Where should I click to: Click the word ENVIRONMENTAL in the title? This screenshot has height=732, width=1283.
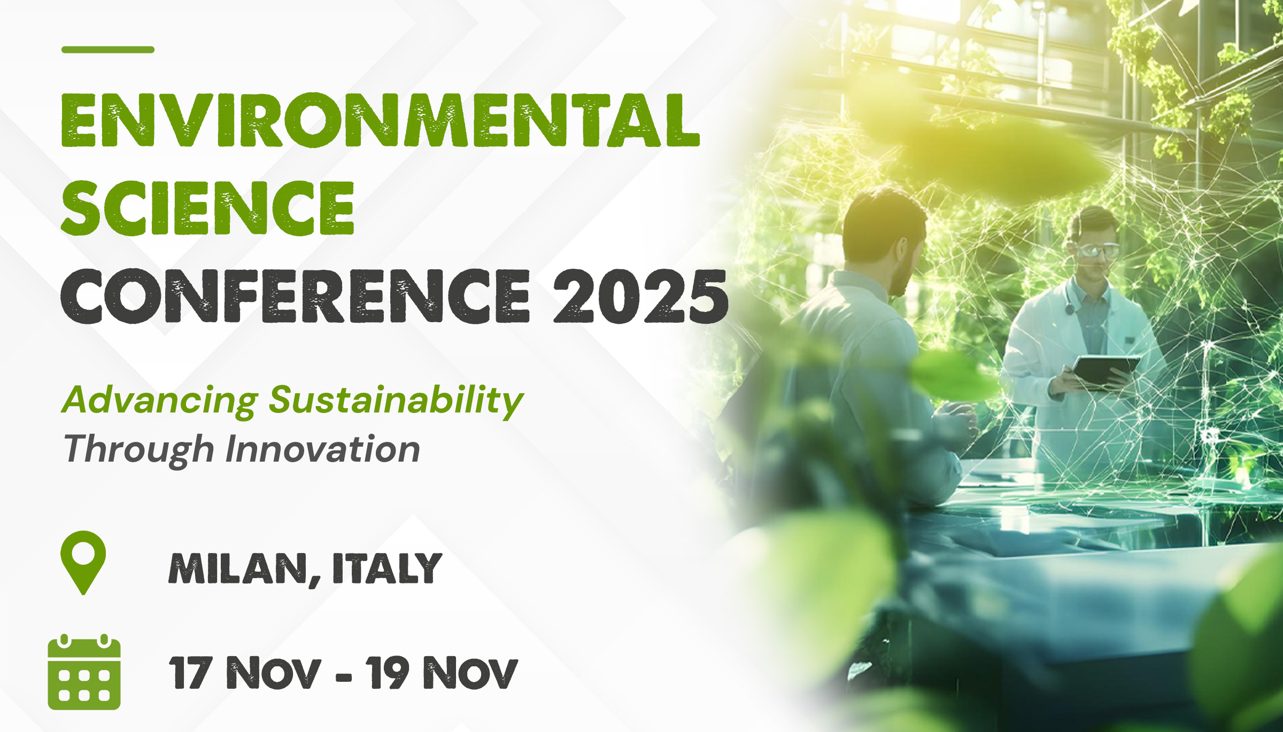coord(381,120)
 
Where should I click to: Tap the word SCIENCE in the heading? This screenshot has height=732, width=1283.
coord(207,208)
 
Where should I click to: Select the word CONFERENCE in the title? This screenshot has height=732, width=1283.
coord(295,295)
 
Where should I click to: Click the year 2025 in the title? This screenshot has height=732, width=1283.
coord(640,295)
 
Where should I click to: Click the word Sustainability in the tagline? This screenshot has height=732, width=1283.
coord(396,401)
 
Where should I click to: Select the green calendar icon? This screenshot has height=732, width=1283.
coord(84,672)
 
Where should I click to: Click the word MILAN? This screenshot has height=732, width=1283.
coord(245,569)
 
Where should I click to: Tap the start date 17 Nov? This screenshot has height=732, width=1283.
coord(245,672)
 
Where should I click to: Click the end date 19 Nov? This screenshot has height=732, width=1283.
coord(442,672)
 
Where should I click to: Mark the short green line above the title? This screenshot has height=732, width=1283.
coord(108,50)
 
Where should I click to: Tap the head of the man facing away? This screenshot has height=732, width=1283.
coord(885,238)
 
